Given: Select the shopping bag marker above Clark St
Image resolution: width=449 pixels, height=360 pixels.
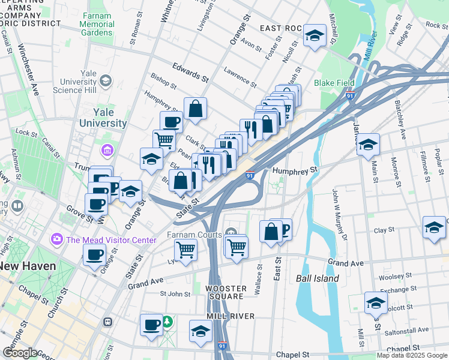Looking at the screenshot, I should (x=195, y=109).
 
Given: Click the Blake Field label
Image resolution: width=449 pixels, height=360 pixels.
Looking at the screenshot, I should (x=334, y=83).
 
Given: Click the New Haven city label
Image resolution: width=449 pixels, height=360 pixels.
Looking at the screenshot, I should (x=28, y=266).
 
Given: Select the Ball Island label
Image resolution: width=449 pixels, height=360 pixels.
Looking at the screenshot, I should (x=318, y=278).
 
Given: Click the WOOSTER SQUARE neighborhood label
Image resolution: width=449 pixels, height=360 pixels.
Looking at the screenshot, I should (x=225, y=292).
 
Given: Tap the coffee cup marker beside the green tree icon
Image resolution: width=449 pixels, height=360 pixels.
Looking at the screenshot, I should (x=152, y=325).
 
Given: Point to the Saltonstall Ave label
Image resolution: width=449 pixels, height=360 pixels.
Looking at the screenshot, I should (x=407, y=329).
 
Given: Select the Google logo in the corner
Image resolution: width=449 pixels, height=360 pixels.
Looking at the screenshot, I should (x=20, y=353).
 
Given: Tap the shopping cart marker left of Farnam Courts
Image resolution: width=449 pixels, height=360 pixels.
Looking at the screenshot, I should (x=186, y=250).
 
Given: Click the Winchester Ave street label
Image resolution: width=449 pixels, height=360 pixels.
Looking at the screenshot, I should (x=28, y=70).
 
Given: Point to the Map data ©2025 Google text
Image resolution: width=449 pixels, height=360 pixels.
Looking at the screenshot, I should (x=411, y=355).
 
